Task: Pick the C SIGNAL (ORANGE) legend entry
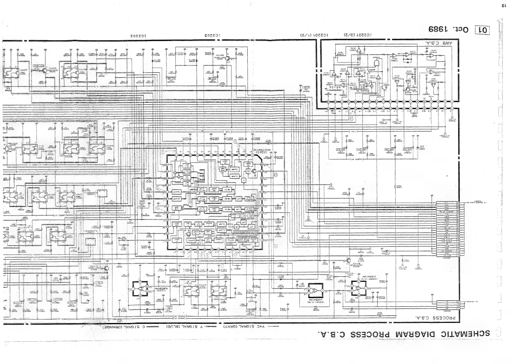128,326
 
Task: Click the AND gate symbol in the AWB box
377,62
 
